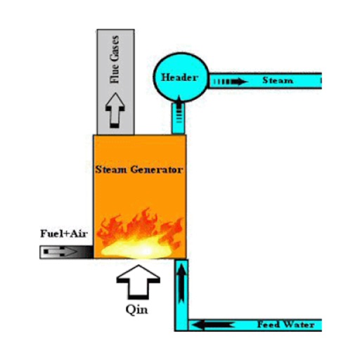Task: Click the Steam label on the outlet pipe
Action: tap(277, 81)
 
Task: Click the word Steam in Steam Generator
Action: tap(112, 169)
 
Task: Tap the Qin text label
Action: tap(141, 309)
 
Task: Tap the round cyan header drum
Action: tap(180, 77)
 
